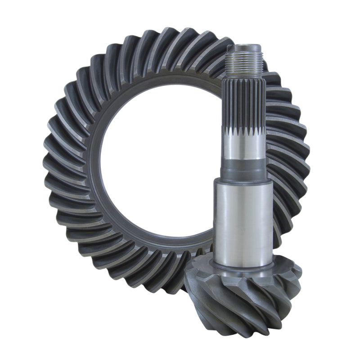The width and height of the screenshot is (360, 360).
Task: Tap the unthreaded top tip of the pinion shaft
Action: [x=247, y=47]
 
